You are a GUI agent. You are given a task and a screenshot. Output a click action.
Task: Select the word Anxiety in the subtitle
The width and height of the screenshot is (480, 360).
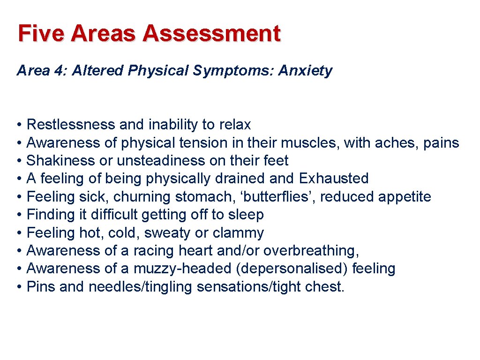[x=305, y=71]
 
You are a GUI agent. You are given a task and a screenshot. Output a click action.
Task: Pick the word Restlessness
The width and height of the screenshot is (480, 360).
[x=70, y=125]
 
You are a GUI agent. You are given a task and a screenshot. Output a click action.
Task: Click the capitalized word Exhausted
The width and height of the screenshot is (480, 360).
[x=334, y=179]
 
